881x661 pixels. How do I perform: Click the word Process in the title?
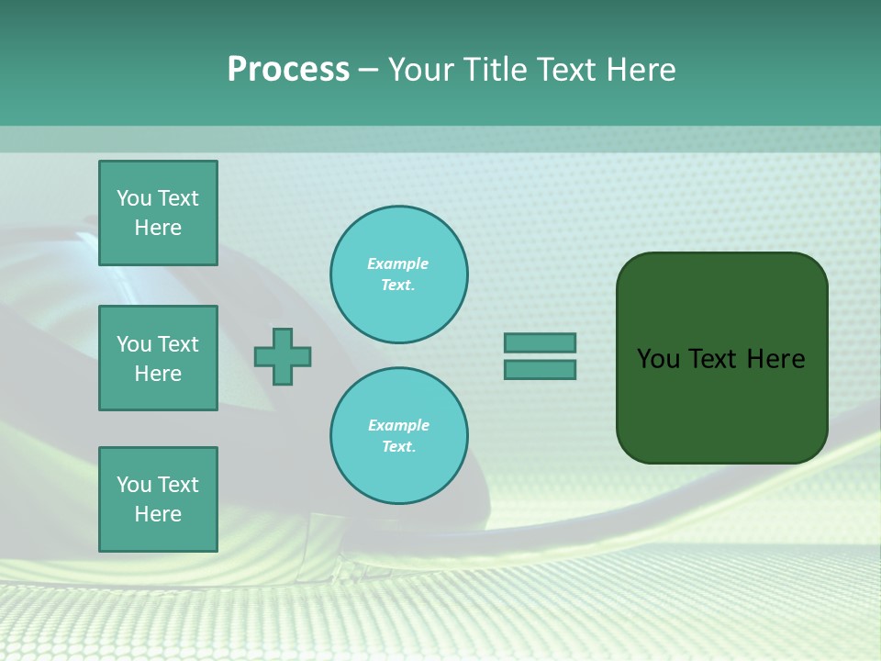(x=288, y=70)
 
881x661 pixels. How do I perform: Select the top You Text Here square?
(x=158, y=213)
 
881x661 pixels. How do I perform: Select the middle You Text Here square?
(x=158, y=358)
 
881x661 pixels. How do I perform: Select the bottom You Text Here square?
(x=158, y=499)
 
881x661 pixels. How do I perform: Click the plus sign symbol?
(x=283, y=357)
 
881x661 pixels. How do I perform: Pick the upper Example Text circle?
(x=399, y=274)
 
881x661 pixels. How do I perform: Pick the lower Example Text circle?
(x=399, y=436)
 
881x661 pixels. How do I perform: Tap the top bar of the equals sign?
(x=540, y=343)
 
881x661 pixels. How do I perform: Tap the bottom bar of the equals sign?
(x=540, y=370)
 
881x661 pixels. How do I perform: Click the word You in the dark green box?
(x=657, y=359)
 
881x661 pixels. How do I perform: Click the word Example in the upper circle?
(x=398, y=263)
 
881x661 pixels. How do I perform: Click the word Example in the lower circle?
(x=398, y=425)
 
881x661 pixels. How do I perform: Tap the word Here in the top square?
(x=158, y=228)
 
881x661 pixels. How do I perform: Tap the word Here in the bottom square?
(x=158, y=514)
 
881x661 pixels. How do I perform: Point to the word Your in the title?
(x=423, y=70)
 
